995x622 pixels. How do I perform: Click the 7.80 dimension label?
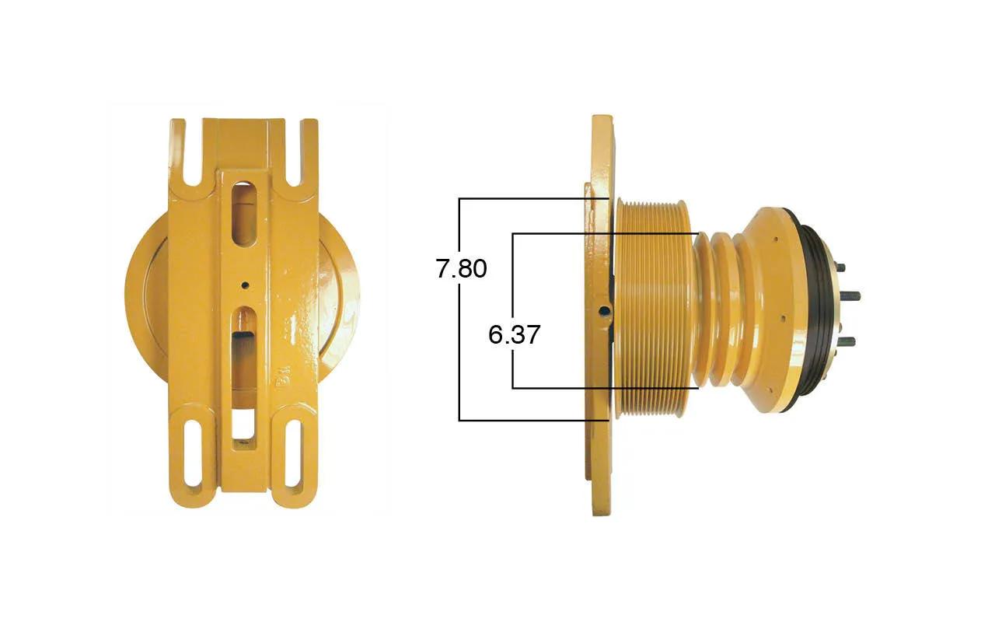461,269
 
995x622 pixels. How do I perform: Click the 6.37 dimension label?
514,334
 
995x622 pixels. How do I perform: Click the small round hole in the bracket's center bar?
244,285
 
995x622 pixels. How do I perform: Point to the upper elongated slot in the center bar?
244,213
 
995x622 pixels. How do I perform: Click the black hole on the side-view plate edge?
604,310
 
